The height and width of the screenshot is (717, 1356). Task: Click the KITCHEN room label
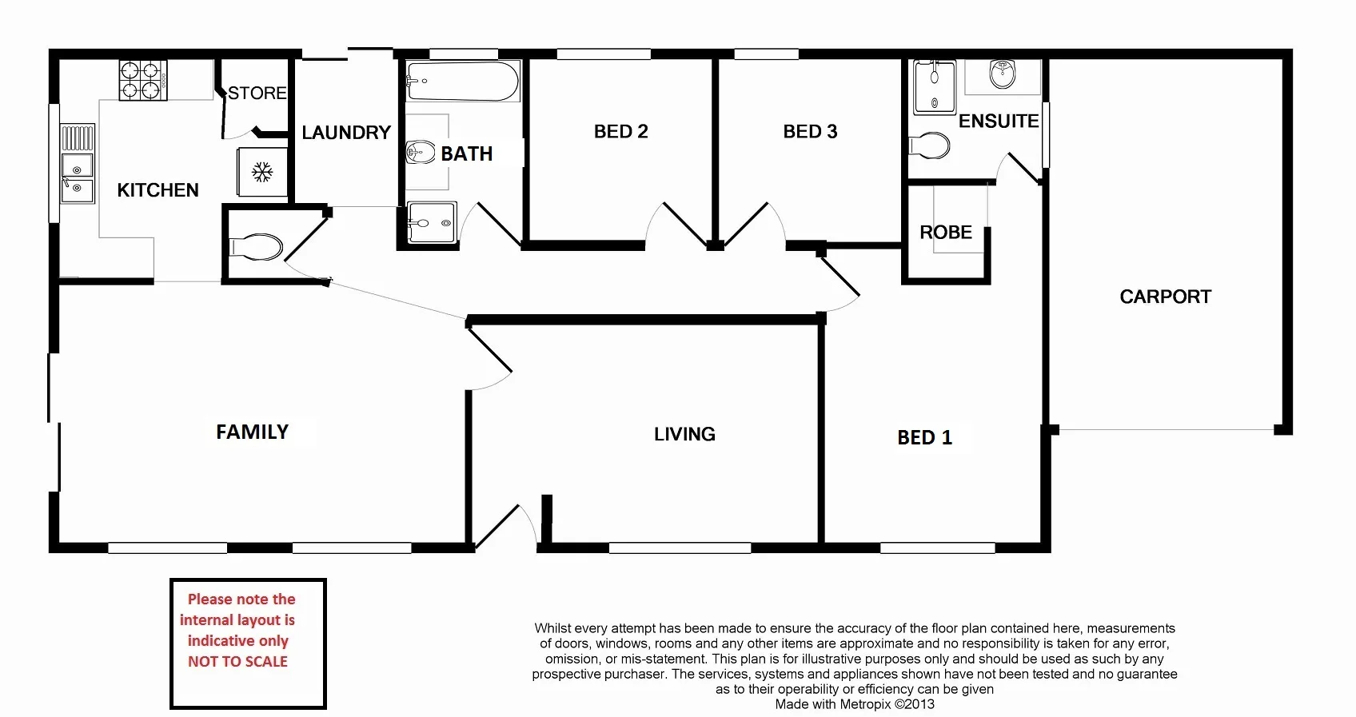pos(158,190)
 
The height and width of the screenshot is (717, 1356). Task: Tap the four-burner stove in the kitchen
pos(143,81)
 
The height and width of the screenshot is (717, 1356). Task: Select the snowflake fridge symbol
pos(262,172)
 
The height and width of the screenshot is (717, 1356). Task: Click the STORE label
pos(257,94)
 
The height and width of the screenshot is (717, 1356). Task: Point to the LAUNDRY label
pos(346,133)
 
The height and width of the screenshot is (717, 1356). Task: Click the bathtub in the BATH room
pos(462,81)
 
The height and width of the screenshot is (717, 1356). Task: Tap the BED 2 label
pos(620,132)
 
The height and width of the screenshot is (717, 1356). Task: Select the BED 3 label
pos(810,132)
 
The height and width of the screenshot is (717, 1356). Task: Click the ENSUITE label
pos(999,121)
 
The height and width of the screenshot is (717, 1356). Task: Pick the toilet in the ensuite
pos(930,145)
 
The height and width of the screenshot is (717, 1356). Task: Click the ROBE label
pos(946,233)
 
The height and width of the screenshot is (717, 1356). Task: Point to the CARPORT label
pos(1165,297)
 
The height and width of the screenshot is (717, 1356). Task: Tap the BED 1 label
pos(924,438)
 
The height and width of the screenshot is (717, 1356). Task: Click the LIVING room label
pos(684,435)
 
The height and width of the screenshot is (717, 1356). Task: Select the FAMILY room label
pos(252,432)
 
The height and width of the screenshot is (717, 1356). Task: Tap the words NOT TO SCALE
pos(237,662)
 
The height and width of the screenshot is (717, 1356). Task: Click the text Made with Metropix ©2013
pos(854,705)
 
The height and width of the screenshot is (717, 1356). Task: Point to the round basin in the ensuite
pos(1002,74)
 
